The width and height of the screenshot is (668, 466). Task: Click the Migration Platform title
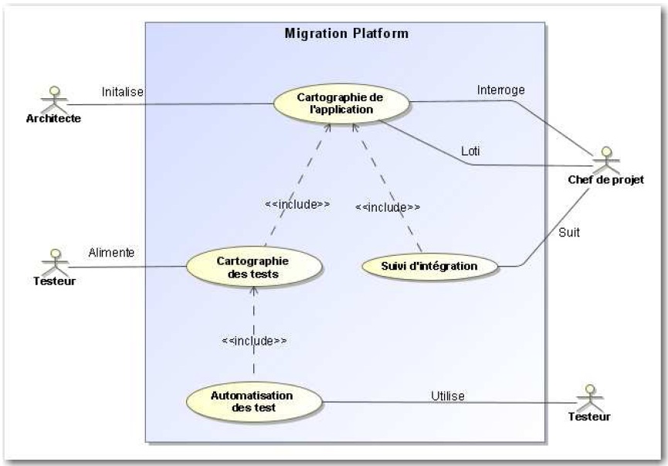[346, 34]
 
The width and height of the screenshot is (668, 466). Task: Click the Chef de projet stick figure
[606, 158]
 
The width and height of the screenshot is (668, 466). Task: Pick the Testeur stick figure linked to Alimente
[54, 260]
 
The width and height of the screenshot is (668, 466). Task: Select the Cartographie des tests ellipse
[253, 266]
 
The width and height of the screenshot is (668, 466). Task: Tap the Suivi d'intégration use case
[429, 267]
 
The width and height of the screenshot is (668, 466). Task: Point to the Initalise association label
[123, 91]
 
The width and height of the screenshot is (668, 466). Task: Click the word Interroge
[500, 90]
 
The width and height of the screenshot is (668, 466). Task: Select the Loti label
[470, 151]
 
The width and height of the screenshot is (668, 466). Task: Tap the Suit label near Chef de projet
[569, 230]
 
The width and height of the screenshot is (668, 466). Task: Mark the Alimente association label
[111, 252]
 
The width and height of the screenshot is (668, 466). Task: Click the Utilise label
[447, 396]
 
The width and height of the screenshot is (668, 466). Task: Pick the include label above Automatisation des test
[254, 340]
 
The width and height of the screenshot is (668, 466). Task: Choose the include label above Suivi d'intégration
[388, 207]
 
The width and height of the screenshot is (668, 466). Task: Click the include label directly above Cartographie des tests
[297, 205]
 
